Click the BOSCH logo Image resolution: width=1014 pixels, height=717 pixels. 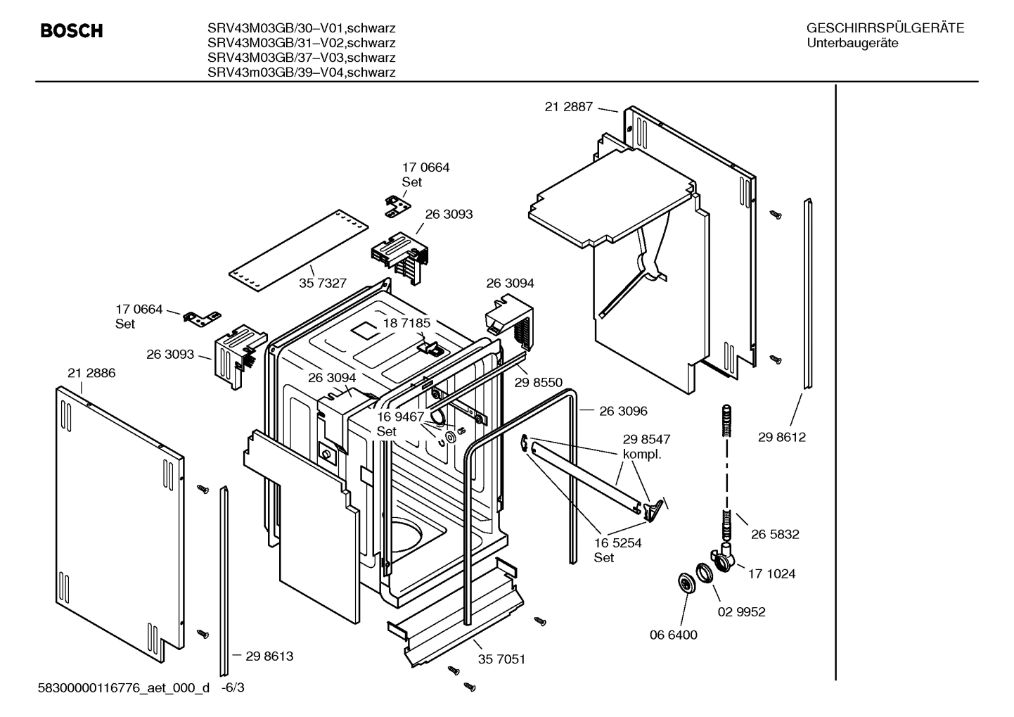coord(72,30)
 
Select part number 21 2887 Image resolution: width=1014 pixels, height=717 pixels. coord(568,107)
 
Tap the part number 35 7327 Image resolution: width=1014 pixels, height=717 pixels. coord(323,283)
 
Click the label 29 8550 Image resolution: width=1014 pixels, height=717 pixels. coord(539,382)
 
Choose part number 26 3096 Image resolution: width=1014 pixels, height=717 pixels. coord(623,411)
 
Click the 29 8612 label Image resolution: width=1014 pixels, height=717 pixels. coord(782,437)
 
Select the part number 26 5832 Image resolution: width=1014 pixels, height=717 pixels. coord(775,534)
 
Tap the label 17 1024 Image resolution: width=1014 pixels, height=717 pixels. coord(771,573)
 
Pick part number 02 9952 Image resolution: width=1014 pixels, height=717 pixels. coord(741,611)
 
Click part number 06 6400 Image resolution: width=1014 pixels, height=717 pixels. coord(673,635)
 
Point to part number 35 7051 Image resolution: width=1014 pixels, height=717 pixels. coord(501,659)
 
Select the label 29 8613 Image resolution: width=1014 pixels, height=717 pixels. coord(269,656)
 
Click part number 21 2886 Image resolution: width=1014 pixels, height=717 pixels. coord(91,373)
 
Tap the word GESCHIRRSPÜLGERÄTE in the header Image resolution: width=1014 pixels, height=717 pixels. coord(885,28)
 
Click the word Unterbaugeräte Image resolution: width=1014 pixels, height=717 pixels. coord(852,43)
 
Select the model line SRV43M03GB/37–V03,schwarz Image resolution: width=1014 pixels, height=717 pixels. coord(301,58)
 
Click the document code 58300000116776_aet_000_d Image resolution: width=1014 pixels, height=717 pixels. coord(123,687)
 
